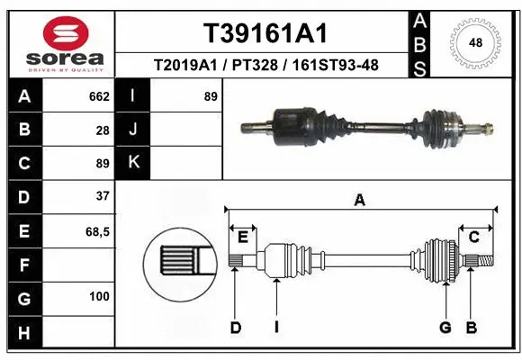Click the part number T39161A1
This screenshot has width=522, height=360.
coord(264,33)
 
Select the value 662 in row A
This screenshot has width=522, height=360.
coord(98,96)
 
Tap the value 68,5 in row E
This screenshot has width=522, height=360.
coord(97,231)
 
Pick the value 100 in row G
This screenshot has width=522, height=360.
coord(98,296)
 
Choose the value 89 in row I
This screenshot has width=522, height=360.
coord(211,96)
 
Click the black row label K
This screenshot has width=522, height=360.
coord(134,163)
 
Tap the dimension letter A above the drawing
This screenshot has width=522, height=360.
coord(360,201)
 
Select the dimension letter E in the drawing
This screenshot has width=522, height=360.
coord(242,238)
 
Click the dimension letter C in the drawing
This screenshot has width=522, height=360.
coord(473,238)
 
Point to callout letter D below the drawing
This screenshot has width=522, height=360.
coord(235,328)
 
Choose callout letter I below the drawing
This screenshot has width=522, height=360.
coord(276,328)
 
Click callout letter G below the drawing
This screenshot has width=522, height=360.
coord(445,328)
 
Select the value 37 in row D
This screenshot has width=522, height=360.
coord(102,195)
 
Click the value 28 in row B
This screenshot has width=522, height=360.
coord(102,130)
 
